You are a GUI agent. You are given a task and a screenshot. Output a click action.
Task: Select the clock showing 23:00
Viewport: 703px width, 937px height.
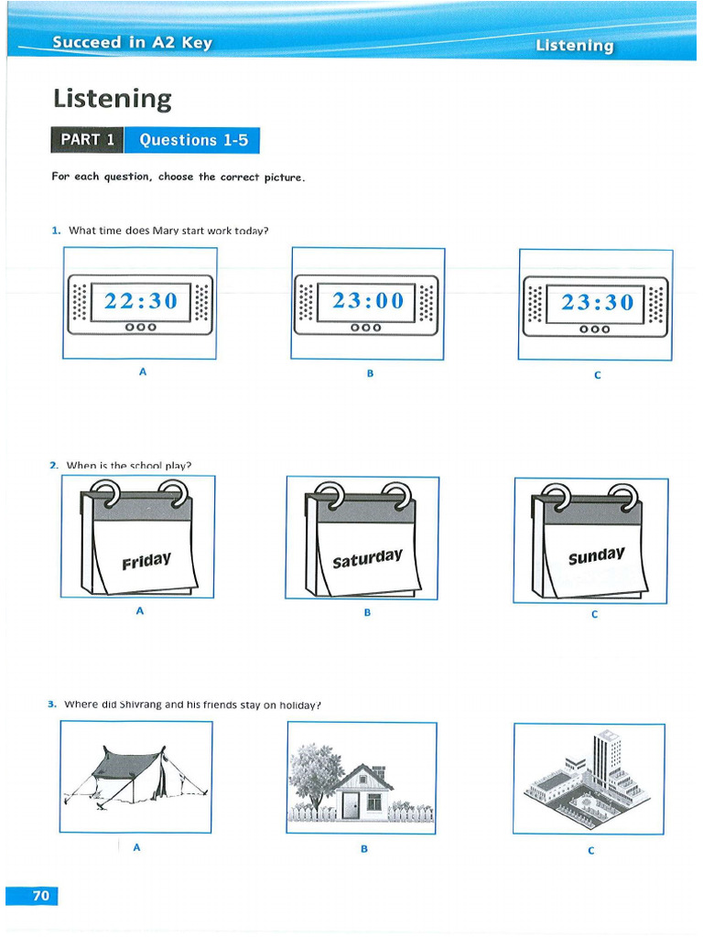click(368, 300)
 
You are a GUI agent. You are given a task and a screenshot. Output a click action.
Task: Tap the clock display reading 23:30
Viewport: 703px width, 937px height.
click(597, 301)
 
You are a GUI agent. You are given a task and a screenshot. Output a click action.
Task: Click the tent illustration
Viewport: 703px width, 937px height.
click(135, 774)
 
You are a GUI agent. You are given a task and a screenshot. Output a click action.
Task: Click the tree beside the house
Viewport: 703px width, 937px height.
click(314, 770)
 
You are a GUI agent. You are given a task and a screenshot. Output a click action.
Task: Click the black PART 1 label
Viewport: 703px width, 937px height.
click(87, 140)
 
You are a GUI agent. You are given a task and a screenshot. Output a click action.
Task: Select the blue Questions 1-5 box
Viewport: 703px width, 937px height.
click(192, 140)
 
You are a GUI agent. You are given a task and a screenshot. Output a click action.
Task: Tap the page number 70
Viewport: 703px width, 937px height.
click(40, 896)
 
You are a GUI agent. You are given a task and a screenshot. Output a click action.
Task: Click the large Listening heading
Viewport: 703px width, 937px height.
click(112, 98)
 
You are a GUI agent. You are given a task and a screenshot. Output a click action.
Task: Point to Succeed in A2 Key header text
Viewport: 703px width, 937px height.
click(132, 42)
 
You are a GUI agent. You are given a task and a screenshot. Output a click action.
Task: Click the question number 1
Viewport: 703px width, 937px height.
click(55, 231)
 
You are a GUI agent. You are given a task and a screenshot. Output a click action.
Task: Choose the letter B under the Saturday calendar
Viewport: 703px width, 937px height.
click(367, 612)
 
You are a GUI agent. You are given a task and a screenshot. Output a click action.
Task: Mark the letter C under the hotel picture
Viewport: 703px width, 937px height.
click(591, 850)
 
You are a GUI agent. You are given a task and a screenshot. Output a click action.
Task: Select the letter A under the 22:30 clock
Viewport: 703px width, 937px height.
click(143, 372)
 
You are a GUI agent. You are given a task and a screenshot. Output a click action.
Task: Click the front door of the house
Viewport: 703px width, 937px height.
click(351, 805)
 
